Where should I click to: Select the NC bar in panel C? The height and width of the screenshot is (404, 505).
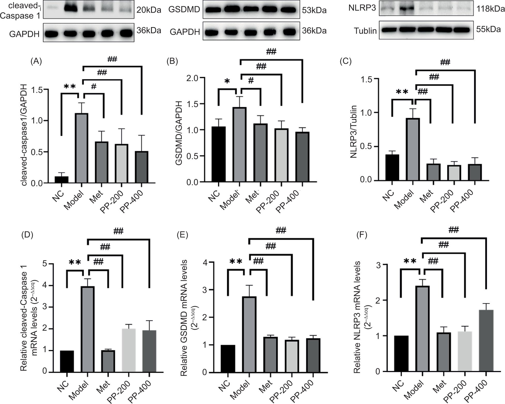coord(392,167)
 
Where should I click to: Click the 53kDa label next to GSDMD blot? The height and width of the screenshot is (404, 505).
coord(314,10)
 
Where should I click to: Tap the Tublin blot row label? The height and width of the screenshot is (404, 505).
coord(365,31)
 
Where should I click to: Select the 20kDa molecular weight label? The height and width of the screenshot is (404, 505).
coord(149,10)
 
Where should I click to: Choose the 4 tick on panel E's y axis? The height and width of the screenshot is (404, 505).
coord(206,262)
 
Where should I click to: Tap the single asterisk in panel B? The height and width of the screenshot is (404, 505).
coord(227,82)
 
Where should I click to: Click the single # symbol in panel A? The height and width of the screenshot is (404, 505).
coord(93,86)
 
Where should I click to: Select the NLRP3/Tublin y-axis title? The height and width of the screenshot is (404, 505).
coord(353,132)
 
